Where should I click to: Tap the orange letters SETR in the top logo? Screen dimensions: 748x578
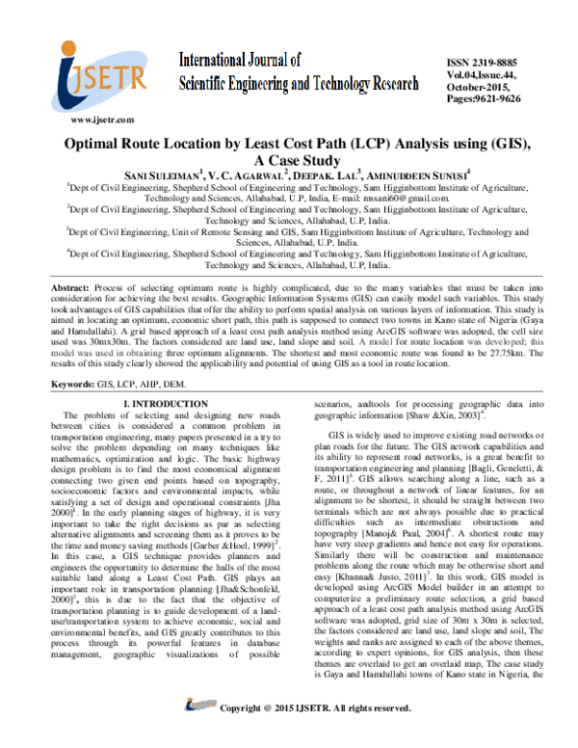[x=115, y=80]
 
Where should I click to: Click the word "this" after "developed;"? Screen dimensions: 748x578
[x=539, y=342]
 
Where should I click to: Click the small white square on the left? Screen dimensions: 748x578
[x=57, y=415]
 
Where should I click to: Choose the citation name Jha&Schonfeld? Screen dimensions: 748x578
[x=250, y=589]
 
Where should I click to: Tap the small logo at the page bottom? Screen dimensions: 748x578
[x=201, y=705]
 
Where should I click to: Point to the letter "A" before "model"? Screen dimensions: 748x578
[x=362, y=342]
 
